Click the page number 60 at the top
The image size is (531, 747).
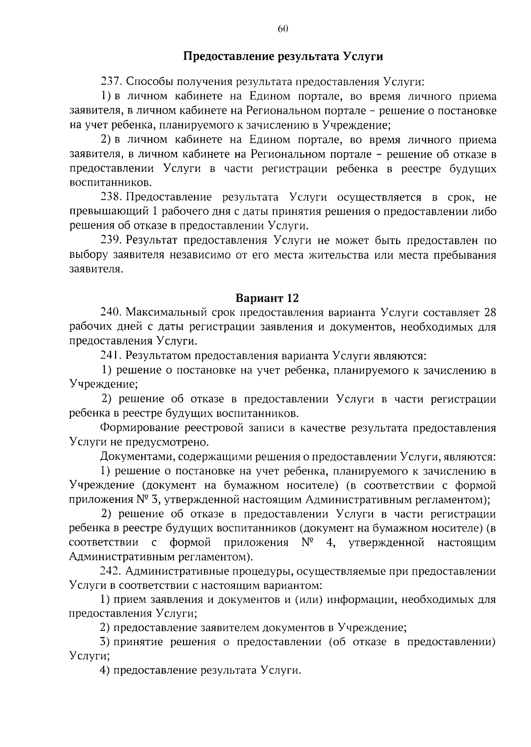283,29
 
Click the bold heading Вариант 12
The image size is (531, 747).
267,297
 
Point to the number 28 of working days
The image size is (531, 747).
490,312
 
